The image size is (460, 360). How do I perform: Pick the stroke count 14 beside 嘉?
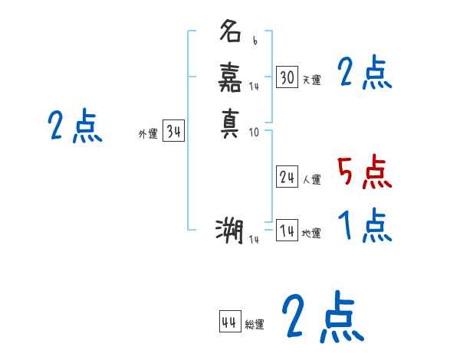(x=255, y=87)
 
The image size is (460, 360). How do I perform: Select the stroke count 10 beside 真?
(x=255, y=132)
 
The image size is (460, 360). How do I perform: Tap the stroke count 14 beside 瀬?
(x=255, y=240)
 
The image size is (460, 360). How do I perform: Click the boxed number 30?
(x=287, y=77)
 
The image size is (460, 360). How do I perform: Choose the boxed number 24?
(x=287, y=177)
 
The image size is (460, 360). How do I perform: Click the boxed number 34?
(x=173, y=132)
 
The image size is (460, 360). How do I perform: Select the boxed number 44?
(x=229, y=322)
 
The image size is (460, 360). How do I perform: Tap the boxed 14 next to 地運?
(x=287, y=231)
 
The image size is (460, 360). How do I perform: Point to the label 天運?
(x=311, y=80)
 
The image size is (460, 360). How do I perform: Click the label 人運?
(x=311, y=179)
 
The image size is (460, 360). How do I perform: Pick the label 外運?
(x=147, y=134)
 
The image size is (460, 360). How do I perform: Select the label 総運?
(x=255, y=325)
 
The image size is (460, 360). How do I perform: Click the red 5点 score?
(x=364, y=172)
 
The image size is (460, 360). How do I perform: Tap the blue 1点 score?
(x=364, y=226)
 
